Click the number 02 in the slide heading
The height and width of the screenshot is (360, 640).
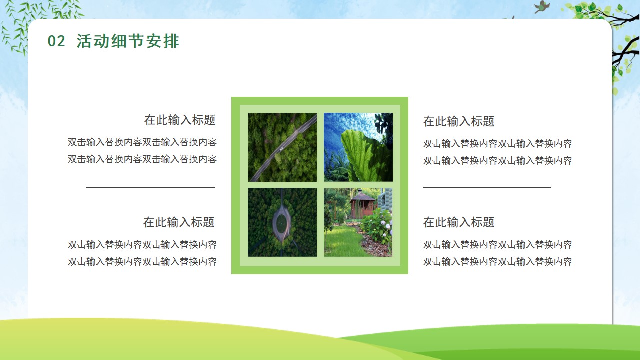pos(56,41)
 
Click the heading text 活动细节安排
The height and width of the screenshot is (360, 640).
pos(128,41)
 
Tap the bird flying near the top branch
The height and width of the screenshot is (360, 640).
pos(542,7)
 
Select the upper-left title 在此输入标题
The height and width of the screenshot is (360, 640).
pos(180,120)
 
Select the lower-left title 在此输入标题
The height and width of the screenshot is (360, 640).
pos(179,222)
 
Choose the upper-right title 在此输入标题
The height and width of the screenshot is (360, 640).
pos(459,121)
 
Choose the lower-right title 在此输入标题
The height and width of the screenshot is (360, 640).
pos(459,222)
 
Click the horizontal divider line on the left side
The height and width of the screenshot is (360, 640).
pos(150,187)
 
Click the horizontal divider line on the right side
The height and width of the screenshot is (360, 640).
pos(487,187)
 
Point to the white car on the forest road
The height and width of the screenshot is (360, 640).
pos(281,149)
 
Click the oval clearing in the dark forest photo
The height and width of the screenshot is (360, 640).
pos(282,222)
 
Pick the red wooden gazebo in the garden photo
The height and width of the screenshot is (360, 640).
pos(362,204)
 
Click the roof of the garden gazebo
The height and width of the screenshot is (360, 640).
pos(362,196)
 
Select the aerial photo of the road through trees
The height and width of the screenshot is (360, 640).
pos(282,147)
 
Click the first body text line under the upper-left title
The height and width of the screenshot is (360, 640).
pos(142,142)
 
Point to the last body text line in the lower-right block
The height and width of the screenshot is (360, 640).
pos(497,261)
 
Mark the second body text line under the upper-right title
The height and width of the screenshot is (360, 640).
pos(497,161)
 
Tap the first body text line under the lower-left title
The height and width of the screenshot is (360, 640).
pos(142,245)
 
